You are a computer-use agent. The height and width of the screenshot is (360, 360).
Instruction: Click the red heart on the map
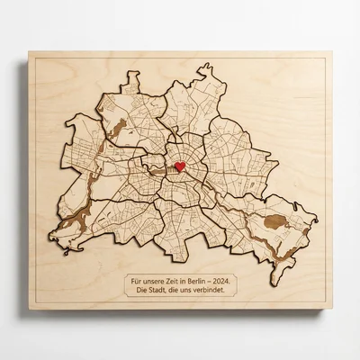click(x=180, y=166)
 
